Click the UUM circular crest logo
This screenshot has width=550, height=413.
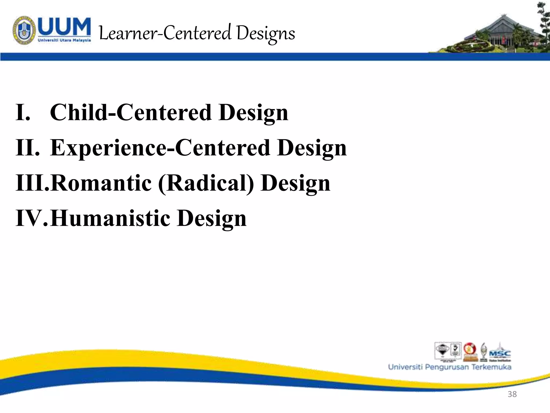coord(24,30)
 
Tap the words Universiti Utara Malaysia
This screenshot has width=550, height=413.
coord(64,40)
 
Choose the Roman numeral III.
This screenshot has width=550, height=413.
coord(32,183)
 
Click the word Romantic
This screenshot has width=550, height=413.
coord(101,183)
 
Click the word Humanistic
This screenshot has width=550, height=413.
coord(110,218)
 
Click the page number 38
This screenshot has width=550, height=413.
coord(512,394)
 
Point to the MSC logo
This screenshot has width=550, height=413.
coord(500,353)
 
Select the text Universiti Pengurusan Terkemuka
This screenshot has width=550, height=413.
coord(450,367)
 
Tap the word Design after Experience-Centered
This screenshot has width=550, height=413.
coord(312,148)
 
